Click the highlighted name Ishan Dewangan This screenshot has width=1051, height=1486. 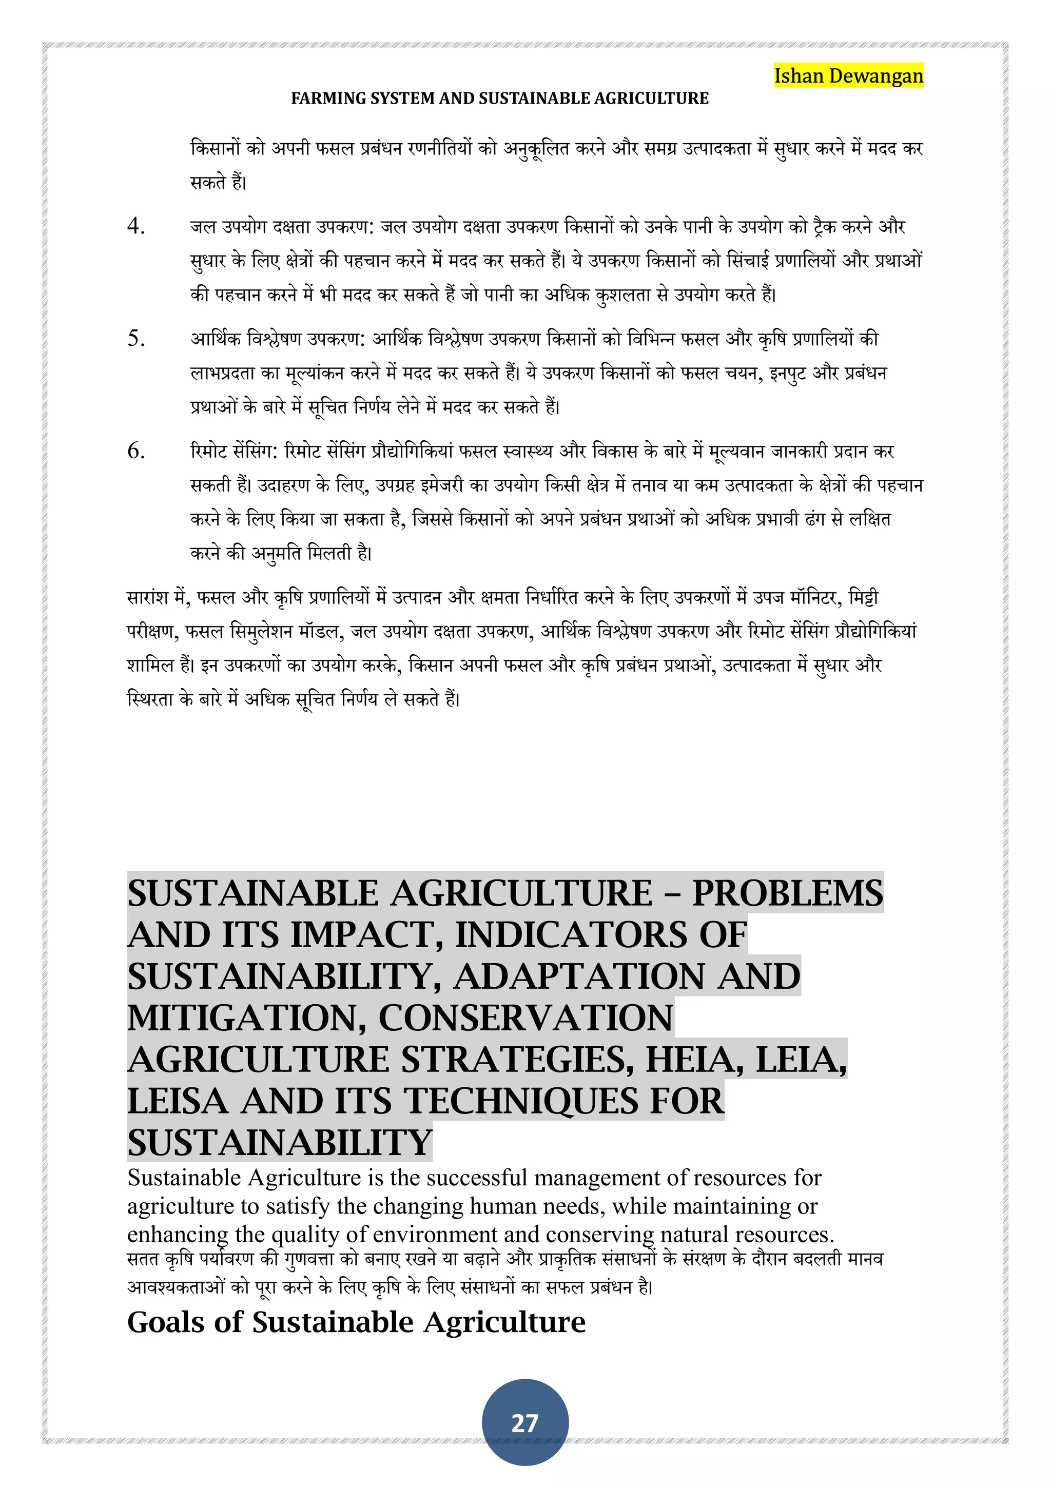pyautogui.click(x=848, y=76)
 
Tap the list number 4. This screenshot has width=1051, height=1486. pyautogui.click(x=136, y=226)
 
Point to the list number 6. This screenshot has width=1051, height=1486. pyautogui.click(x=136, y=451)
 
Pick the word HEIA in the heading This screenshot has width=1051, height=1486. pyautogui.click(x=694, y=1060)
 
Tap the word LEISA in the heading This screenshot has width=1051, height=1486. pyautogui.click(x=178, y=1101)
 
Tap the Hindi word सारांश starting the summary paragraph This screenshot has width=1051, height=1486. pyautogui.click(x=149, y=597)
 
